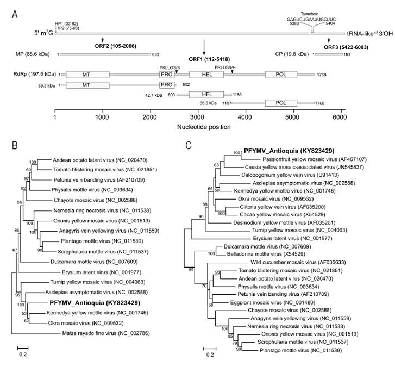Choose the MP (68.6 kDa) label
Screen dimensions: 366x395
[35, 55]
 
